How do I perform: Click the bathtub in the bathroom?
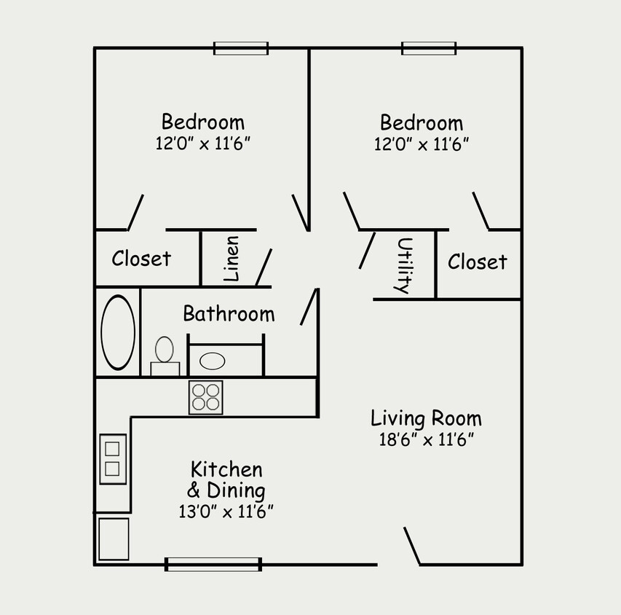coord(117,332)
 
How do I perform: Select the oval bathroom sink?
coord(213,360)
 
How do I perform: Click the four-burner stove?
coord(205,397)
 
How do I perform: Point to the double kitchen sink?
coord(113,458)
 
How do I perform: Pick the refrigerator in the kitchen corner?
coord(114,539)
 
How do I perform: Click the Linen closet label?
coord(231,259)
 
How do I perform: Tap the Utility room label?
coord(403,265)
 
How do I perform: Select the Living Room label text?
coord(426,418)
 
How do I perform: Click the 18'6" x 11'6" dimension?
coord(426,439)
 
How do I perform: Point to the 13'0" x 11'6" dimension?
coord(226,512)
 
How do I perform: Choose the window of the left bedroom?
coord(241,48)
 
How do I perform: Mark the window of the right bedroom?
coord(429,48)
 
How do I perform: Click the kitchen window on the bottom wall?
coord(213,564)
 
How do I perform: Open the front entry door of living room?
coord(412,547)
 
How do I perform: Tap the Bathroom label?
coord(229,314)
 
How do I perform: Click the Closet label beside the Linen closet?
coord(141,259)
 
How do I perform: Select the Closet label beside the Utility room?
coord(477,262)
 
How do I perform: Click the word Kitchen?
coord(226,469)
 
